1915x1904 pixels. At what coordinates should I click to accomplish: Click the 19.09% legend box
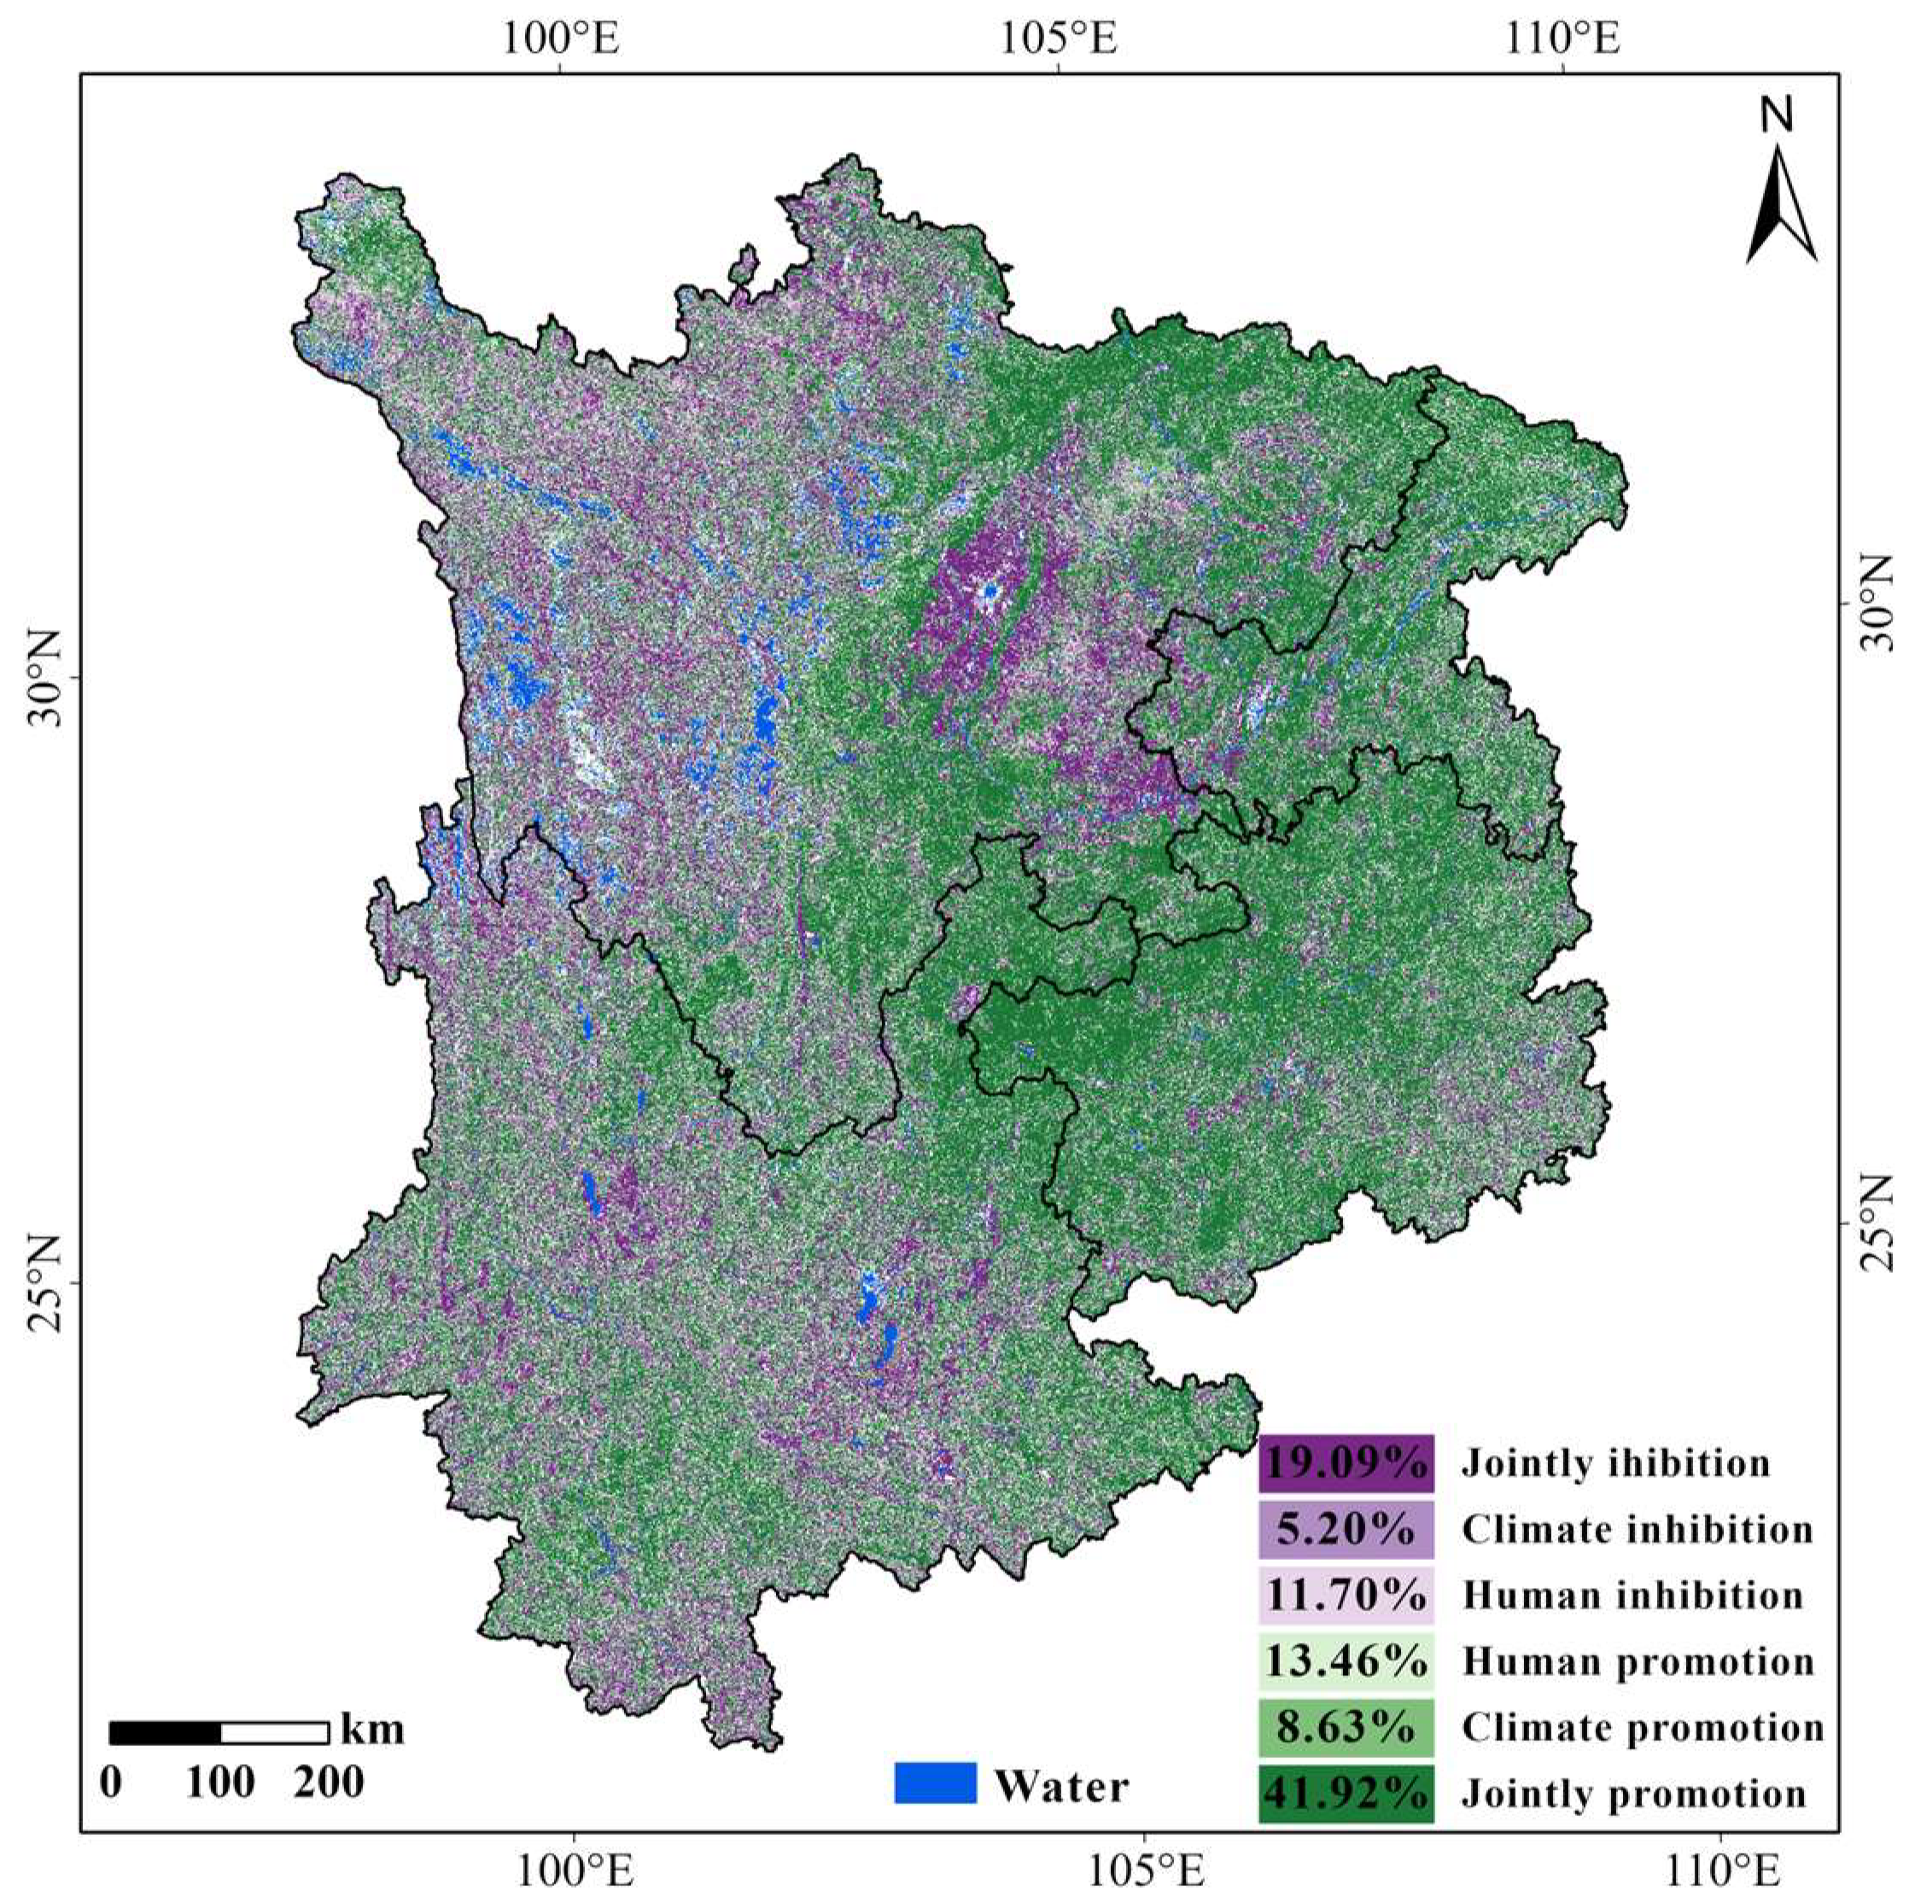click(1346, 1463)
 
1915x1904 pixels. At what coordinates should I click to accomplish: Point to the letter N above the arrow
click(1776, 116)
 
